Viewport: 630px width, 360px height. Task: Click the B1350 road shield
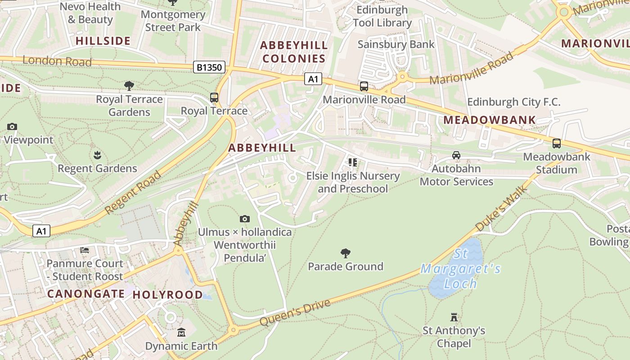[209, 67]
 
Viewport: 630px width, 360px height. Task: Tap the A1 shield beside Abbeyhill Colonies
[313, 79]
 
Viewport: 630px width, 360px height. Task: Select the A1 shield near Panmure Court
[41, 231]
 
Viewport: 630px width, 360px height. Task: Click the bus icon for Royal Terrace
[214, 98]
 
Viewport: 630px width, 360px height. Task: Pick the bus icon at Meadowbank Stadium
[557, 144]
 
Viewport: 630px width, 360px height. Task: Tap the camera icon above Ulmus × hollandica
[245, 219]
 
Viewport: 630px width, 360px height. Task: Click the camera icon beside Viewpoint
[12, 127]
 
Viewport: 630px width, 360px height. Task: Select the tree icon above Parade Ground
[346, 253]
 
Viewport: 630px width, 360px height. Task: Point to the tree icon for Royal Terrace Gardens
[129, 86]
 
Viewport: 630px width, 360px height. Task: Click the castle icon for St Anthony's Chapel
[454, 317]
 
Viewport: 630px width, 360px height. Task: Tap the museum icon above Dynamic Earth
[181, 333]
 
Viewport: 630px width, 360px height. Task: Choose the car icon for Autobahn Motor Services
[456, 155]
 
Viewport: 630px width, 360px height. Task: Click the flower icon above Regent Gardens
[97, 155]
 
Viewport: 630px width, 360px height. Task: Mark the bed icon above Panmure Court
[85, 250]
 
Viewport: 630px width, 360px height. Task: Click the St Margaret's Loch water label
[460, 269]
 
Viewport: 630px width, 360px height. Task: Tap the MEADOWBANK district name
[490, 120]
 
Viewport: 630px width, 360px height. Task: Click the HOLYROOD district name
[167, 295]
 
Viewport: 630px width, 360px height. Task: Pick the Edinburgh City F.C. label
[513, 102]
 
